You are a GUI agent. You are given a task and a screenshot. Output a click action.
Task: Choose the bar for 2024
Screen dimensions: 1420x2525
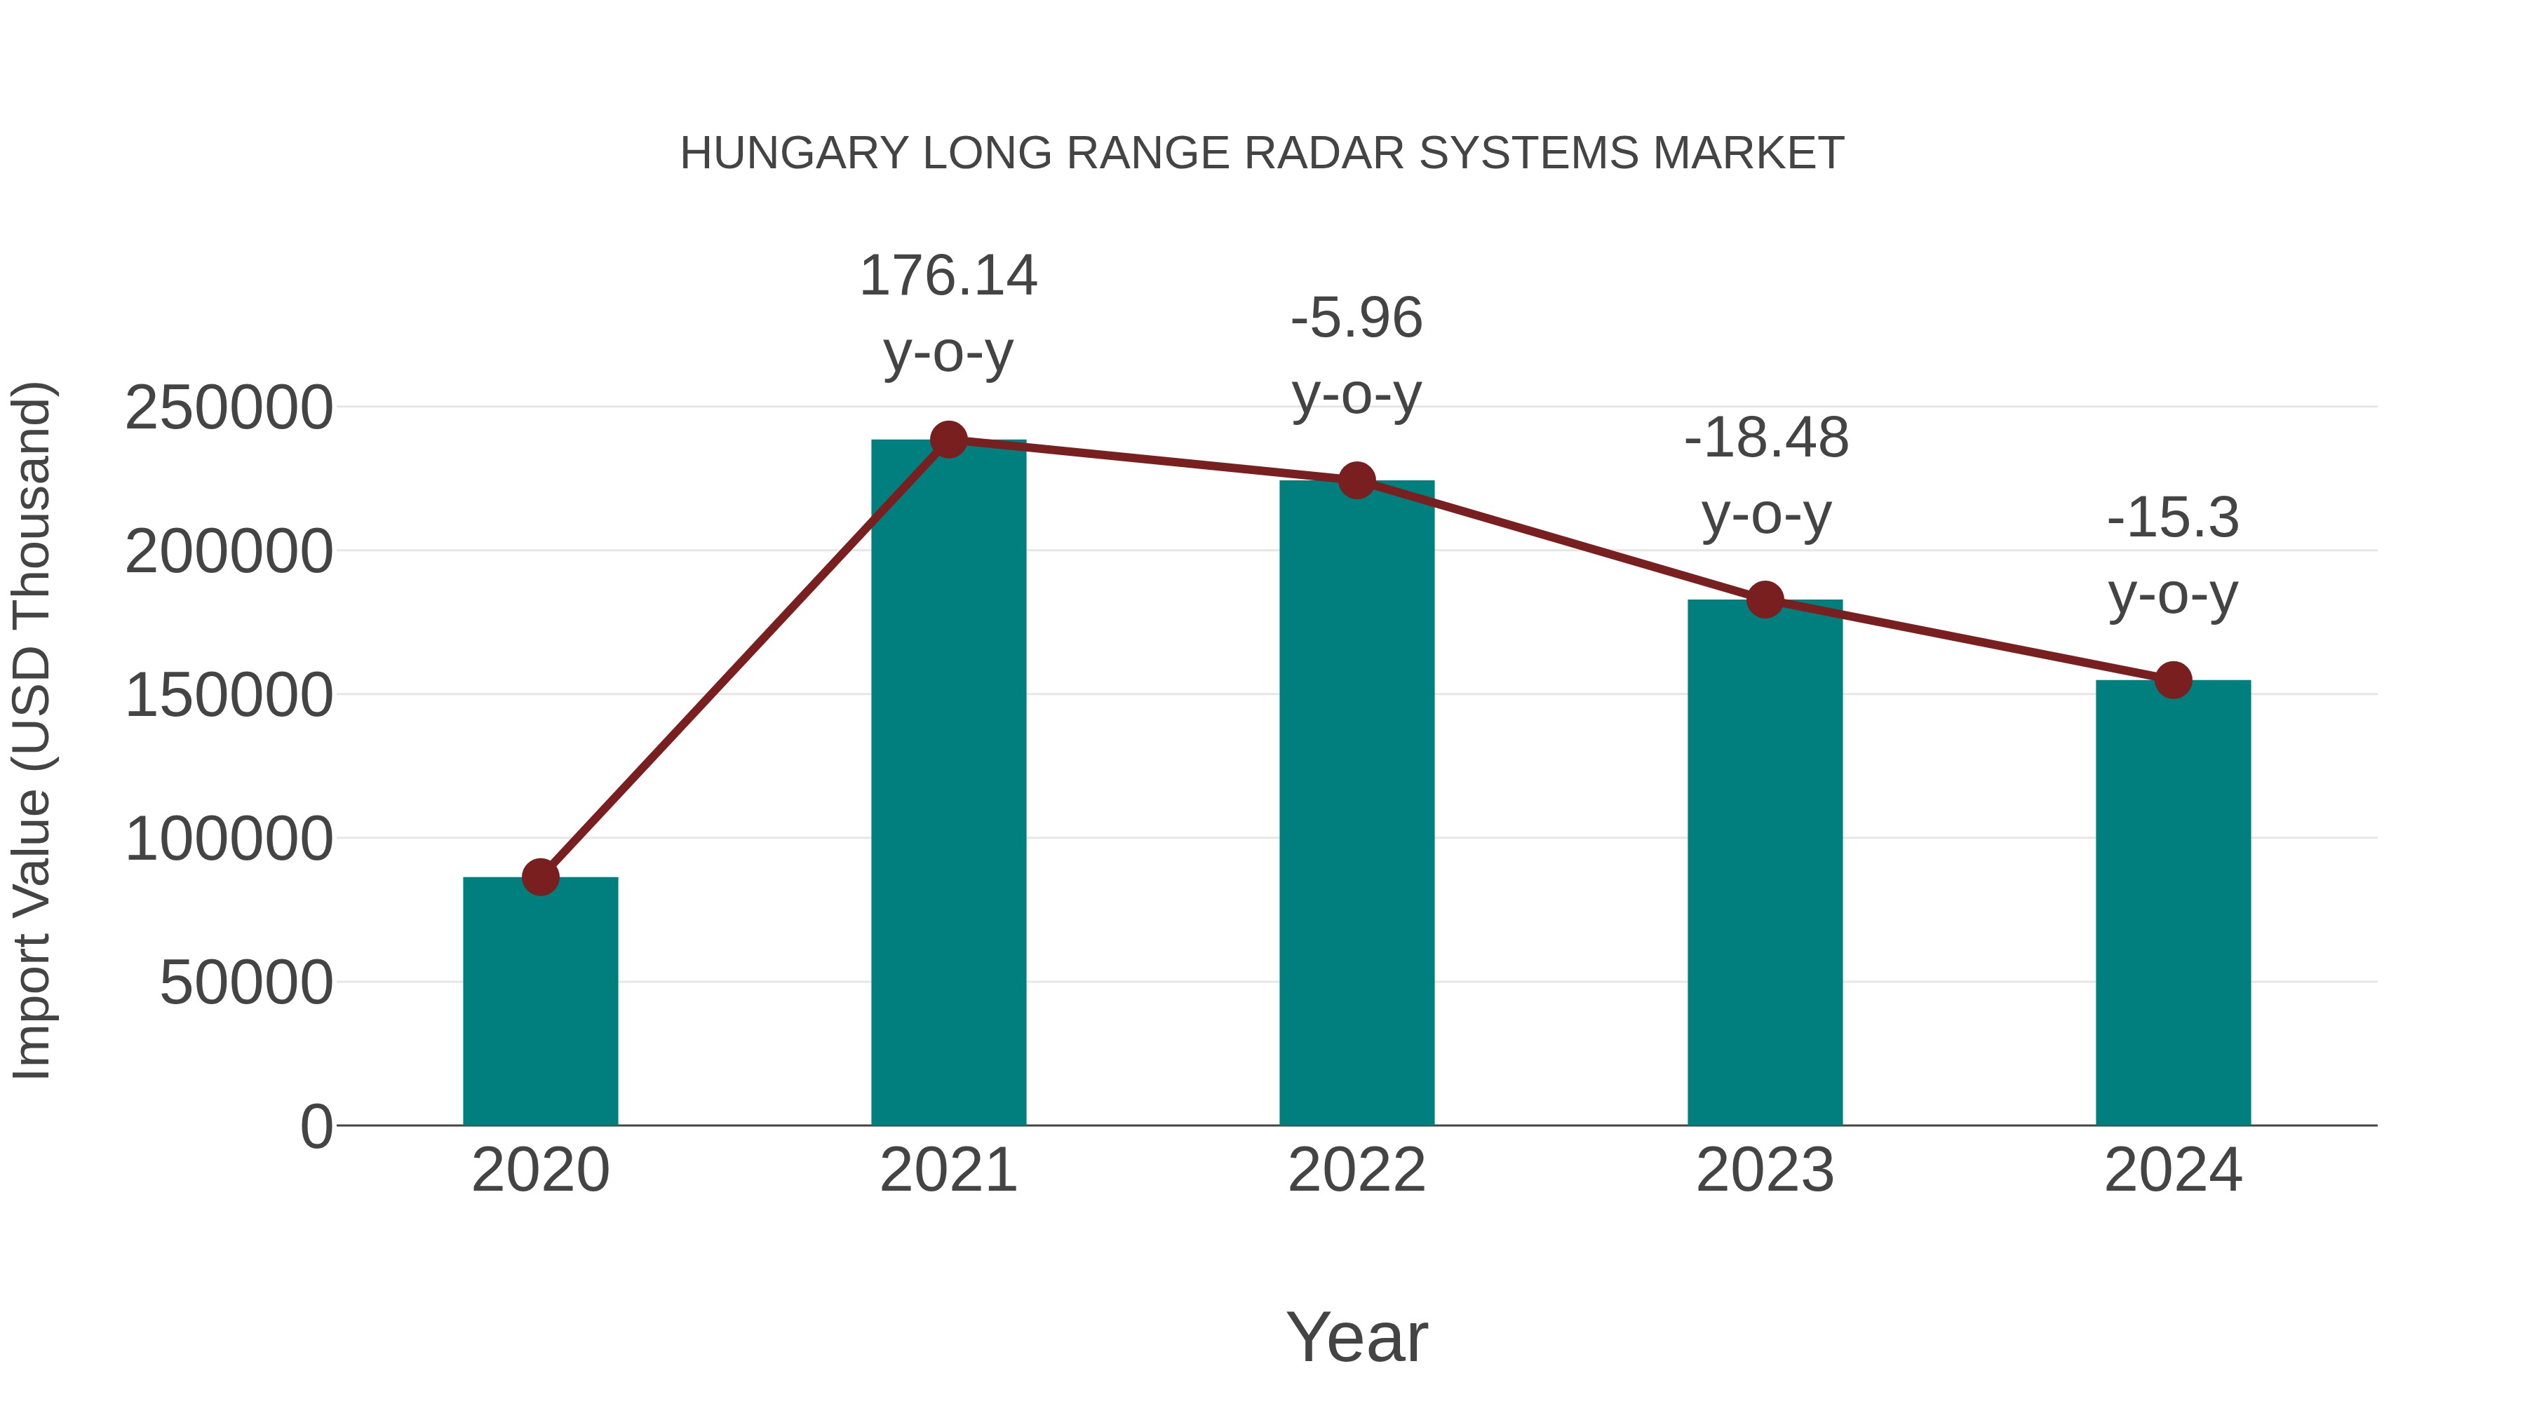[x=2173, y=902]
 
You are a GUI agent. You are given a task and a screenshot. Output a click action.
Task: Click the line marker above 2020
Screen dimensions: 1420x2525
[x=540, y=877]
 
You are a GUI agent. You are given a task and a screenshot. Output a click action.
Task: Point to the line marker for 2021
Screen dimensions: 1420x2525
[x=948, y=440]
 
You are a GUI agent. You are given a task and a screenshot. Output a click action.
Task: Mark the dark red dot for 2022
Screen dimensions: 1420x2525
[x=1356, y=480]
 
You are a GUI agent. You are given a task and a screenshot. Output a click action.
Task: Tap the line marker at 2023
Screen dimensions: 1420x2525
[x=1765, y=600]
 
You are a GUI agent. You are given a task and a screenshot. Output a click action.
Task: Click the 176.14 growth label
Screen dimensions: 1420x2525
[x=948, y=276]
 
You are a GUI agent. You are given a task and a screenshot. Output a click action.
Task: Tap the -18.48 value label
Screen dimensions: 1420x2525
[x=1765, y=438]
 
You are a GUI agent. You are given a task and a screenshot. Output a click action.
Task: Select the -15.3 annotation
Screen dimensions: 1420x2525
[x=2173, y=518]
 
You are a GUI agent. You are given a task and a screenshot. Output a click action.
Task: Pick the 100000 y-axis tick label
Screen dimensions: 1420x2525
[x=229, y=840]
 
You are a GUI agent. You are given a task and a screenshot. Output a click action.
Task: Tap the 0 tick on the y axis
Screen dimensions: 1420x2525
[x=316, y=1127]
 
